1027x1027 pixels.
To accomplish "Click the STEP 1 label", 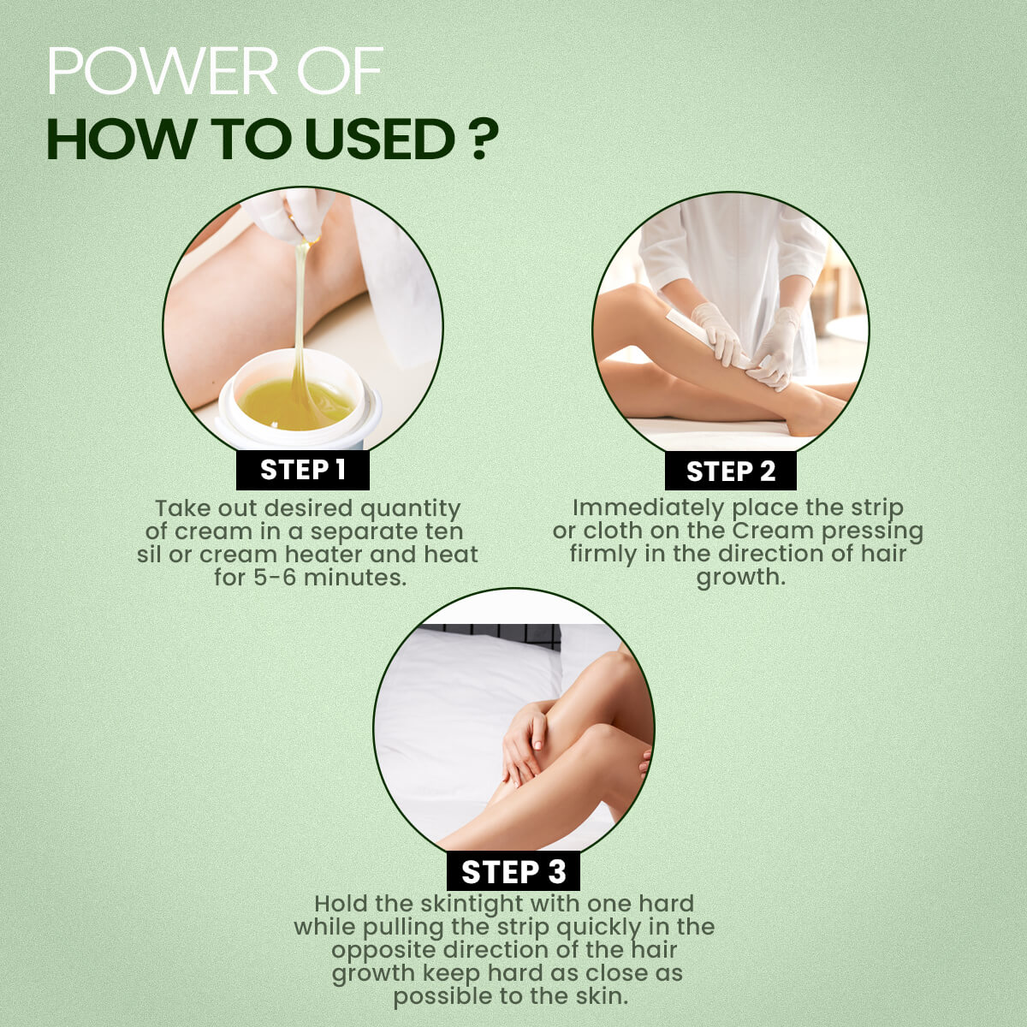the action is tap(303, 470).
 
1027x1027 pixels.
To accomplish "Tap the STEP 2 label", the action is tap(731, 471).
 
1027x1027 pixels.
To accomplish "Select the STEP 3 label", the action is tap(513, 872).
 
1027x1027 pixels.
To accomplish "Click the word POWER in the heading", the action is tap(163, 71).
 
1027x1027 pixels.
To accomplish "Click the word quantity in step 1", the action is tap(410, 509).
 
